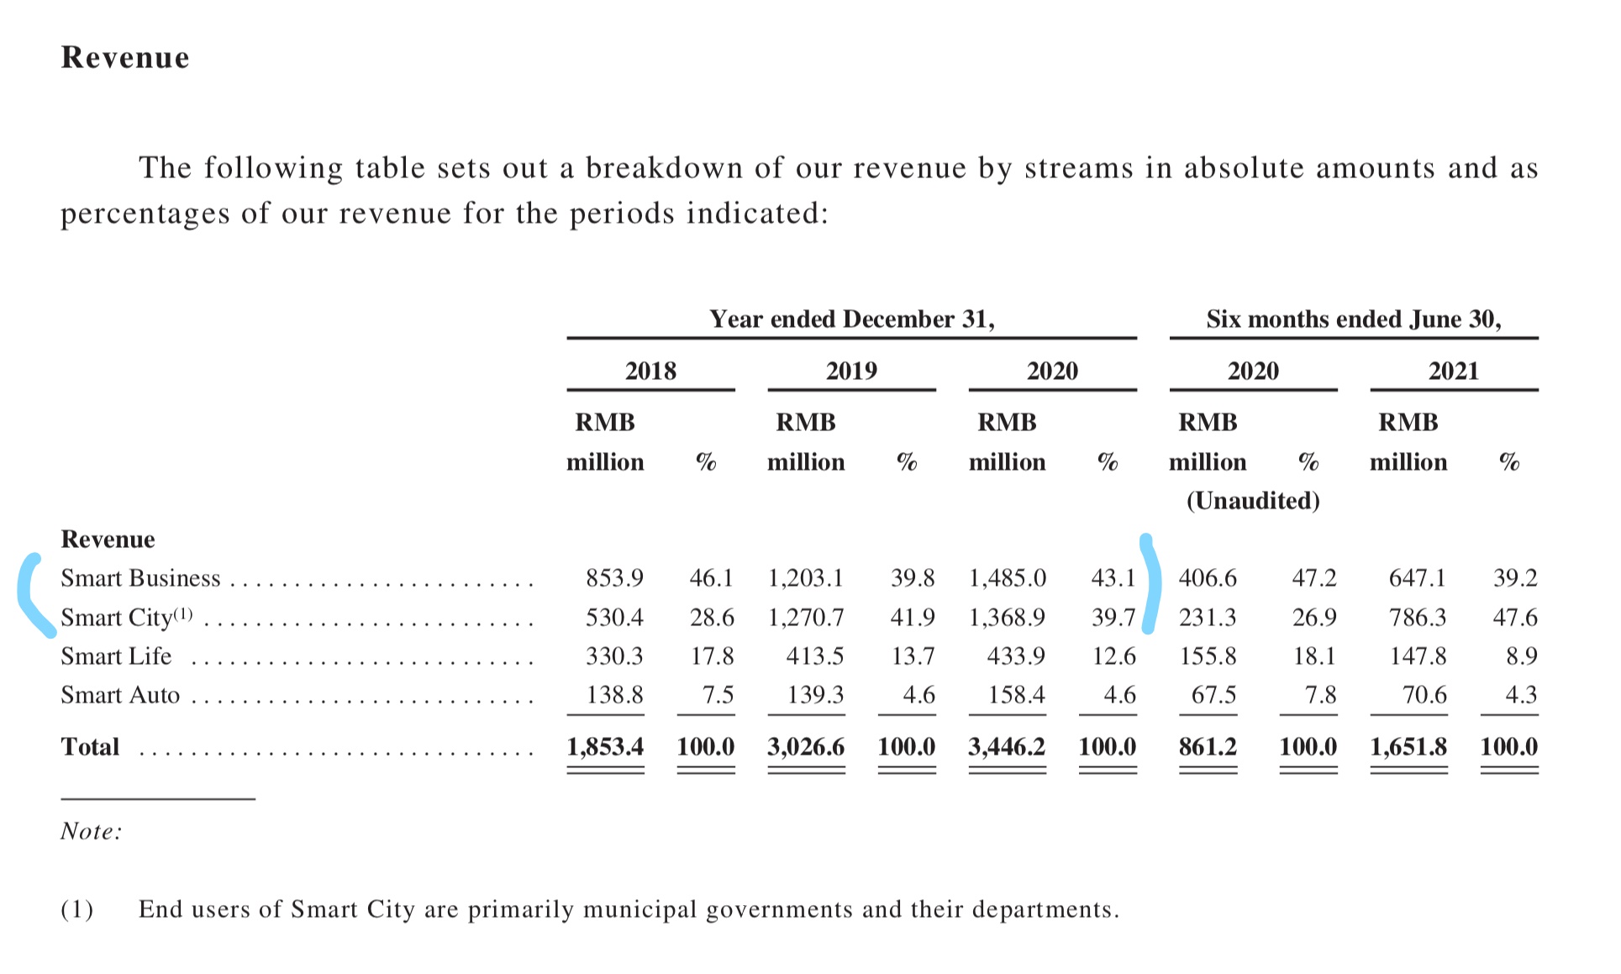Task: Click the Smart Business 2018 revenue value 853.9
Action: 614,578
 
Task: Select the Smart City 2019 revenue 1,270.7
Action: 805,618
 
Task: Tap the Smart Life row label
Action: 116,656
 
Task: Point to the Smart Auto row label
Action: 120,695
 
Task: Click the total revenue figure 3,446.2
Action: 1007,747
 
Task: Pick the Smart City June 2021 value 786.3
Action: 1418,618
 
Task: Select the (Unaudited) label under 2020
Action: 1253,501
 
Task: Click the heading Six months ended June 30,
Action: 1354,319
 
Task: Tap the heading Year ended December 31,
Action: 852,319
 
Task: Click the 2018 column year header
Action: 650,371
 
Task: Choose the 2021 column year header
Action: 1454,371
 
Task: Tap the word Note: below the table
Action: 92,831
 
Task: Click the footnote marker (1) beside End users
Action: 77,909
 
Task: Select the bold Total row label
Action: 90,747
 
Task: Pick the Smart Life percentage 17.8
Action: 712,656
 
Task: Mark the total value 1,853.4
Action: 605,747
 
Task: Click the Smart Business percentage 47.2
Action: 1313,578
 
